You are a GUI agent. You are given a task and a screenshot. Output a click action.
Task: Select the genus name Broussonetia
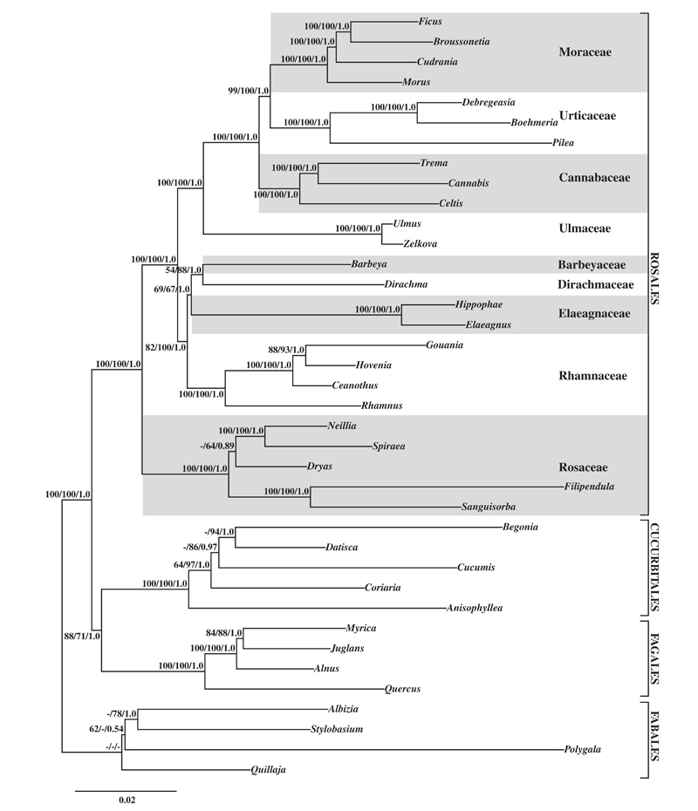tap(462, 41)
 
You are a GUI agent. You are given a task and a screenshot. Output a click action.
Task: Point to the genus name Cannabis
tap(468, 183)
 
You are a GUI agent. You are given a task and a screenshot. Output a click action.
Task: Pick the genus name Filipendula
tap(592, 486)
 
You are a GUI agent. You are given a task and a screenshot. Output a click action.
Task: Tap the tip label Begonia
tap(521, 527)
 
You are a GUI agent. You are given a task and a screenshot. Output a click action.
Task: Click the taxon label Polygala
tap(585, 749)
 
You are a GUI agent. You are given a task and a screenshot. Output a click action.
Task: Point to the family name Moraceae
tap(585, 53)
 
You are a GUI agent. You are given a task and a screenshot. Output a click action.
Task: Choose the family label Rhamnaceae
tap(592, 377)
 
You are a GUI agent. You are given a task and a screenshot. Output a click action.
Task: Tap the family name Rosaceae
tap(584, 467)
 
